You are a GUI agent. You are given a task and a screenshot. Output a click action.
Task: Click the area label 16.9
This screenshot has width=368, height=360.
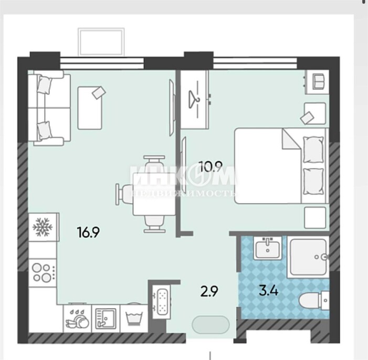pos(88,232)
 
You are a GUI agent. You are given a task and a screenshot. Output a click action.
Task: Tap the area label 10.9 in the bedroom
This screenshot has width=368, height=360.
pos(210,166)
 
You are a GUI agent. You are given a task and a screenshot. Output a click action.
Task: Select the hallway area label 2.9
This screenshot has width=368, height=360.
pos(209,291)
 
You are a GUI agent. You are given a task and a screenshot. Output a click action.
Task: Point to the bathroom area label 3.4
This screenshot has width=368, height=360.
pos(269,291)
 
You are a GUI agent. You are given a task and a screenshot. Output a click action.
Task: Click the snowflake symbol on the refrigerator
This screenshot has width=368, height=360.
pos(42,227)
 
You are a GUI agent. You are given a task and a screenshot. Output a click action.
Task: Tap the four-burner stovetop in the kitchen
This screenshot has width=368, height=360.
pos(42,273)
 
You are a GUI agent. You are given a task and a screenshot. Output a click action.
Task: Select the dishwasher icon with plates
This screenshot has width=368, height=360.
pos(78,319)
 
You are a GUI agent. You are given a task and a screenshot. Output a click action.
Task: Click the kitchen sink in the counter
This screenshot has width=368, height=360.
pos(106,318)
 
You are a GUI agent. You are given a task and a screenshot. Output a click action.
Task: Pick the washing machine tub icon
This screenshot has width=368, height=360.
pos(134,319)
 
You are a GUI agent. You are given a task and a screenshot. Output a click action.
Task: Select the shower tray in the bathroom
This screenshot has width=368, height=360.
pos(308,257)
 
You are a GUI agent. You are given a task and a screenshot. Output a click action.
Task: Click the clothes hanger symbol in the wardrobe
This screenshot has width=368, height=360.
pos(195,99)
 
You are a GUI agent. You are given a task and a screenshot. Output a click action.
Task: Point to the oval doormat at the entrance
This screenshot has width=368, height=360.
pos(211,325)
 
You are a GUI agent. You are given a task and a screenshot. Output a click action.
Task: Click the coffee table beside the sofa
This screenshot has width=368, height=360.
pos(90,108)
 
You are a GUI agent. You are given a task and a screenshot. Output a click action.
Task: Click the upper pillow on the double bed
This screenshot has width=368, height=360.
pos(313,150)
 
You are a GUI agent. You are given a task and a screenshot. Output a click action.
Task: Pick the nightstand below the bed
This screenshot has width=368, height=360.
pos(315,218)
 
